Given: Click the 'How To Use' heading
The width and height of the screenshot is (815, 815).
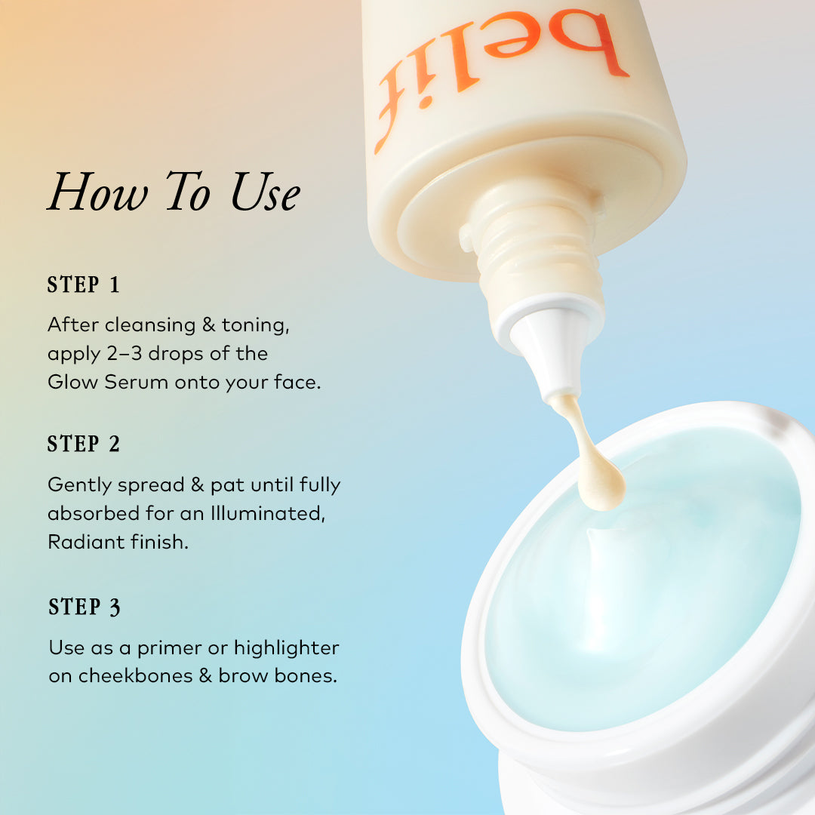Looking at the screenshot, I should pos(174,193).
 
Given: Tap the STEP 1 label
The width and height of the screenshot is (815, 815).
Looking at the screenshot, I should pos(84,285).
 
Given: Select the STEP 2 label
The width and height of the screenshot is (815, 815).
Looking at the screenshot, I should pos(84,444).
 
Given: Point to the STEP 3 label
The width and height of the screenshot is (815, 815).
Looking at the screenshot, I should pos(85,607).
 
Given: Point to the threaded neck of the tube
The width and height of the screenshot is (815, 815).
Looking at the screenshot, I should pos(528,241).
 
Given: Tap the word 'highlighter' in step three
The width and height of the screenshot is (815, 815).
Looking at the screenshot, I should pos(286,647).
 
